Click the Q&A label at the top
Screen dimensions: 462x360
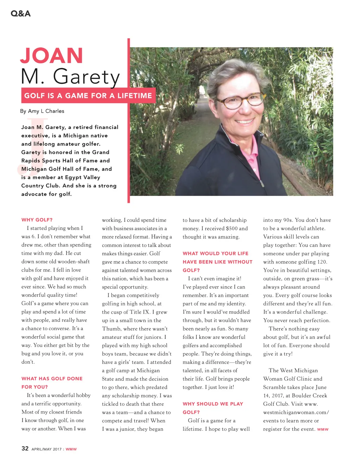pyautogui.click(x=20, y=13)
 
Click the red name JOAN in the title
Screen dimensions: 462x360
pyautogui.click(x=51, y=56)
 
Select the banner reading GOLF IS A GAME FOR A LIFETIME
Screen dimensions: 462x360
pyautogui.click(x=88, y=96)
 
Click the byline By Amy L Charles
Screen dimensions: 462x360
pyautogui.click(x=42, y=111)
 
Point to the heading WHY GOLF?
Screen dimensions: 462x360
pyautogui.click(x=37, y=220)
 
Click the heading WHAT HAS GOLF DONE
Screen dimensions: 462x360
pyautogui.click(x=52, y=379)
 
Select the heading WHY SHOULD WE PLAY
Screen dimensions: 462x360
pyautogui.click(x=213, y=404)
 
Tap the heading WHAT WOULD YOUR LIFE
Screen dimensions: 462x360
pyautogui.click(x=216, y=254)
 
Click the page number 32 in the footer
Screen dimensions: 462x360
pyautogui.click(x=25, y=448)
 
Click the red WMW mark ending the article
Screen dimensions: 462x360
pyautogui.click(x=323, y=429)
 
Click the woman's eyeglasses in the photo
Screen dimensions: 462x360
pyautogui.click(x=240, y=101)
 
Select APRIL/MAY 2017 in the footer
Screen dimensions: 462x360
pyautogui.click(x=46, y=449)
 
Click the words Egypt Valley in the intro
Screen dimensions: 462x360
pyautogui.click(x=82, y=178)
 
